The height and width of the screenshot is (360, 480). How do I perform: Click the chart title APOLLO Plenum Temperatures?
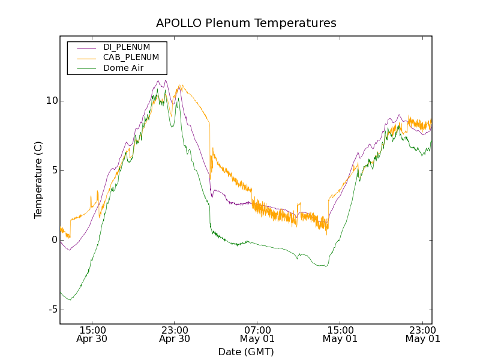[246, 23]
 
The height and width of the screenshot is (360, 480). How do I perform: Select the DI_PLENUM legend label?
[127, 47]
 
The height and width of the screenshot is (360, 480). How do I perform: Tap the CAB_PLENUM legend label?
[131, 57]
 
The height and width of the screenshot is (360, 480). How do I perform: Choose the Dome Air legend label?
[124, 68]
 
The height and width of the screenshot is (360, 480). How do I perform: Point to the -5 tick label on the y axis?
[50, 310]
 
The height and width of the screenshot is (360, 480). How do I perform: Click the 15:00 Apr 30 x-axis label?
[92, 334]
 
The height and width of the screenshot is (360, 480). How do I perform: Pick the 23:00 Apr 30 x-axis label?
[175, 334]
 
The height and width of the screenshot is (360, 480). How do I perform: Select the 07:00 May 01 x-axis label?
[257, 334]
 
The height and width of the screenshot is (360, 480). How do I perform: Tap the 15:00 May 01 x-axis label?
[340, 334]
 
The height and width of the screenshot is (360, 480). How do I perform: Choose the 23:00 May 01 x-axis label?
[423, 334]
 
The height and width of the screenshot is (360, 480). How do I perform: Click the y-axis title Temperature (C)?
[38, 180]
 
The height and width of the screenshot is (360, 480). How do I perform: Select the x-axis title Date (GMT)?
[246, 352]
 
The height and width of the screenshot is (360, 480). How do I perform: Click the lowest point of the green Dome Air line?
[70, 299]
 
